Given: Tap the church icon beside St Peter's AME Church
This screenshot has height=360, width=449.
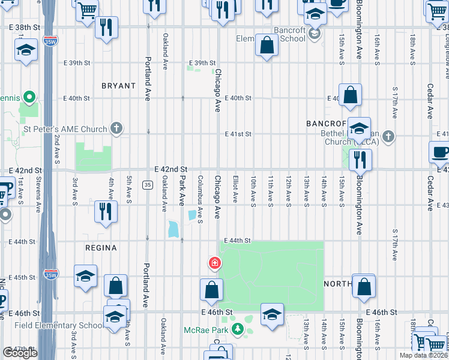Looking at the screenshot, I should coord(116,128).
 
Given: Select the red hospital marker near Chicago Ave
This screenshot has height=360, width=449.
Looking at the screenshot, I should coord(214,263).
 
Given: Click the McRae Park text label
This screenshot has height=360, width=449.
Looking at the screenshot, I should coord(208,329).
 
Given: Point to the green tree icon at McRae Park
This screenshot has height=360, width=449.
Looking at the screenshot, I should coord(238,329).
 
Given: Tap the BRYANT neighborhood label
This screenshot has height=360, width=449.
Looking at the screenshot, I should coord(118,86).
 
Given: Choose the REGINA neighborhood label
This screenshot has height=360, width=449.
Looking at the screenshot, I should coord(101,247).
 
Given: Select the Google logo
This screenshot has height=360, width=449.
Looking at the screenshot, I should coord(20,353).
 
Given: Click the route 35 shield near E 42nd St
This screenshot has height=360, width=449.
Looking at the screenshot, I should coord(147,184).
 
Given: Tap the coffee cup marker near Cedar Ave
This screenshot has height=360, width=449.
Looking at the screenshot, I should coord(441,153).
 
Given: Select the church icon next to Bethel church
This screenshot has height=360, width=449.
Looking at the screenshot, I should coord(388,136).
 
